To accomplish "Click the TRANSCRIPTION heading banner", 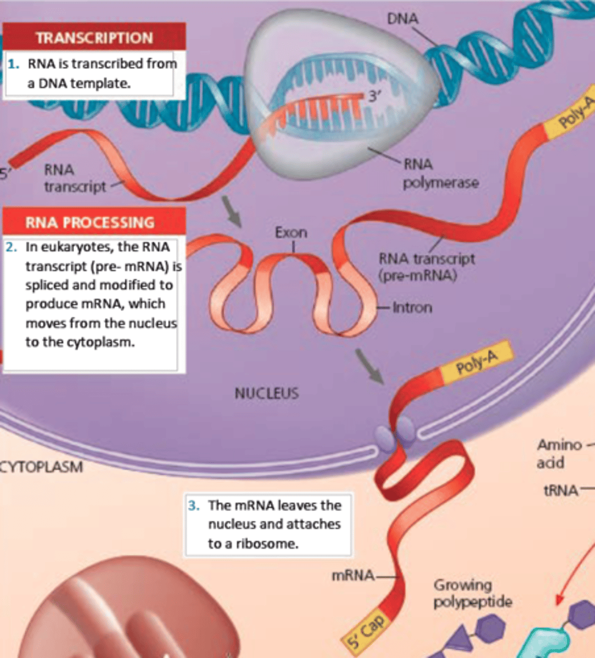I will click(x=94, y=38).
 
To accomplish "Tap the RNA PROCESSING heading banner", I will click(x=89, y=222).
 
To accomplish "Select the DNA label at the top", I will click(x=402, y=19).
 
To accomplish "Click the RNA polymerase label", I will click(x=440, y=173).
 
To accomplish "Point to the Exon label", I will click(x=291, y=232).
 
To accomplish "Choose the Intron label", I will click(x=412, y=307).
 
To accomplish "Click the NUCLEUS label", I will click(x=267, y=393).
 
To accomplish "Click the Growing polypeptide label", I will click(x=473, y=593).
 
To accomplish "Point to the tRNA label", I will click(x=559, y=490).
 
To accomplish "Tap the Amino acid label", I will click(x=559, y=453).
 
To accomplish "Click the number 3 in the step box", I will click(x=194, y=506).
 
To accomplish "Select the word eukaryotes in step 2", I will click(x=74, y=247).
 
